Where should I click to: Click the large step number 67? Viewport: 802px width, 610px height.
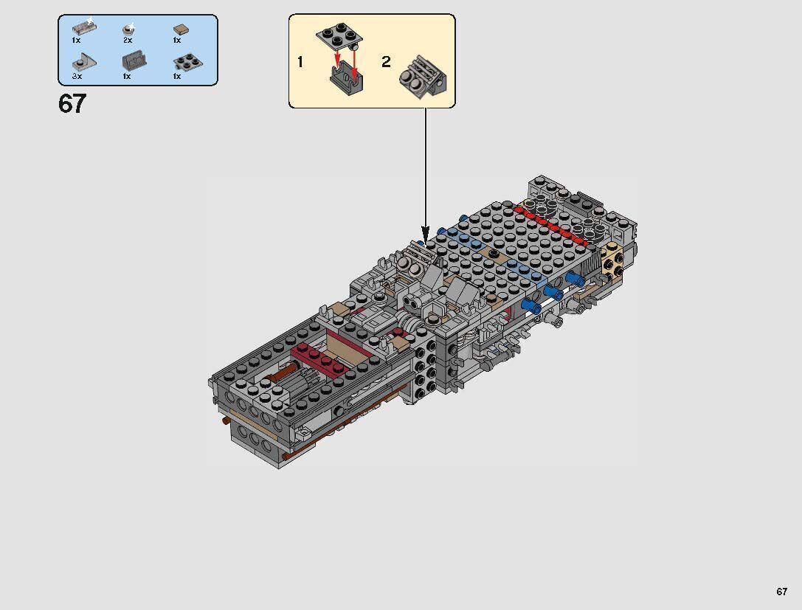pos(72,104)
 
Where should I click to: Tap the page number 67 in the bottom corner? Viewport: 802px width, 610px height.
pos(781,592)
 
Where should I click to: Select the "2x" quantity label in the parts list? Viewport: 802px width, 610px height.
pos(127,40)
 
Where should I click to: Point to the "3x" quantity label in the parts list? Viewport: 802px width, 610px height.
pos(77,76)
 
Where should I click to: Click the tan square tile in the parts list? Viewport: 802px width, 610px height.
pos(178,30)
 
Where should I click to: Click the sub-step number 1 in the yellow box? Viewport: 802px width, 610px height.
pos(300,62)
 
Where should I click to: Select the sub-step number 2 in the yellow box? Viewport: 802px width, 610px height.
pos(386,62)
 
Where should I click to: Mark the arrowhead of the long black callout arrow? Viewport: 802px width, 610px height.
pos(426,230)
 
